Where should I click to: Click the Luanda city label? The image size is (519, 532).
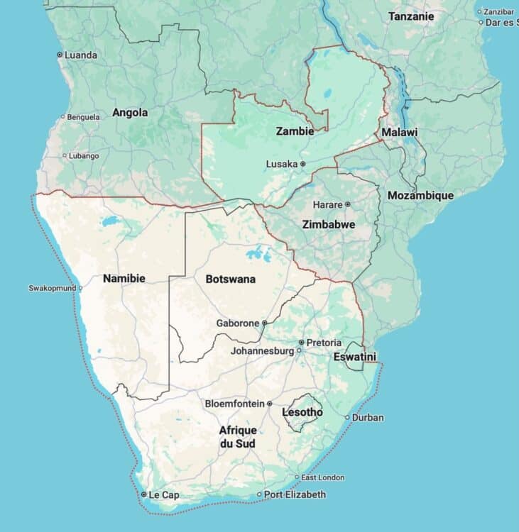[81, 55]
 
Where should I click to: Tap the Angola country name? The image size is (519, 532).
[130, 112]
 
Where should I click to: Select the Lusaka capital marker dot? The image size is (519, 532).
[302, 164]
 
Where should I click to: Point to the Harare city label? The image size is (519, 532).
[327, 204]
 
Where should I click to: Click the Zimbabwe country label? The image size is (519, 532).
[328, 224]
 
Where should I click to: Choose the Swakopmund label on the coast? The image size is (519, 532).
[51, 288]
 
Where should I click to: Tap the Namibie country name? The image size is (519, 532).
[124, 278]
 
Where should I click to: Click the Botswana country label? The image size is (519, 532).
[230, 279]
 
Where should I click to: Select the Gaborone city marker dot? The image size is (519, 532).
[264, 323]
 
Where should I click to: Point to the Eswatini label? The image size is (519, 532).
[354, 357]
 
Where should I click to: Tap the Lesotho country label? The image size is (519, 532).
[302, 412]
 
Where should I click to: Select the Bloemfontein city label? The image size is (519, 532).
[234, 404]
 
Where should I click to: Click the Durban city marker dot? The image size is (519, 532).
[347, 417]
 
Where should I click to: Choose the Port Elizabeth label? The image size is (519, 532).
[295, 494]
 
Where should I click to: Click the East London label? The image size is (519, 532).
[323, 477]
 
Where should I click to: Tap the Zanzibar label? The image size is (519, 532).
[498, 11]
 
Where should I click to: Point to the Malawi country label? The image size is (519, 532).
[399, 133]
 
